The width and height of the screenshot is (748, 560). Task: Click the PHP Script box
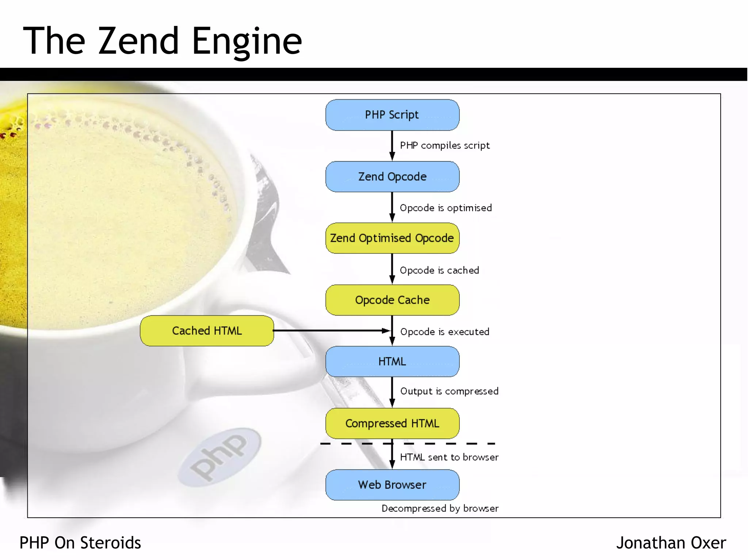tap(392, 115)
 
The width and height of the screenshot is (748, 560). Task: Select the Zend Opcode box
tap(392, 177)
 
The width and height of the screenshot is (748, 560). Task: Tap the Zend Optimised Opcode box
tap(392, 238)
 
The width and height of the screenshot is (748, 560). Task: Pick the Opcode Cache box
tap(392, 300)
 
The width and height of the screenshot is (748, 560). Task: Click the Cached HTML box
tap(207, 331)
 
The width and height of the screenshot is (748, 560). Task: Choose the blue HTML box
tap(392, 362)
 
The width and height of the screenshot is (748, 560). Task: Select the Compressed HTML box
tap(392, 423)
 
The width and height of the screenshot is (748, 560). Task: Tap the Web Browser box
tap(392, 485)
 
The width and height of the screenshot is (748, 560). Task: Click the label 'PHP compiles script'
tap(444, 146)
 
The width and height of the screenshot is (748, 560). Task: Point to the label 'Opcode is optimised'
tap(446, 208)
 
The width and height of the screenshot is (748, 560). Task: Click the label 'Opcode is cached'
tap(439, 270)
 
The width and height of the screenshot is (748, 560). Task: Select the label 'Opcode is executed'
tap(444, 332)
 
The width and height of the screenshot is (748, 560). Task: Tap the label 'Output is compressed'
tap(449, 391)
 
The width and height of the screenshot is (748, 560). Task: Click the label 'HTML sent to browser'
tap(449, 457)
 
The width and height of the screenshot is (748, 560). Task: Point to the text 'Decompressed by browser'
tap(440, 509)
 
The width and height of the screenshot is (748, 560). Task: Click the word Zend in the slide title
tap(138, 41)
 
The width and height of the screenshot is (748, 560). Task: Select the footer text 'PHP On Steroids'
tap(80, 543)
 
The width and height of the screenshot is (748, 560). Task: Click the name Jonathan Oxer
tap(671, 543)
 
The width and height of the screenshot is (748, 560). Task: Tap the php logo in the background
tap(219, 457)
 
